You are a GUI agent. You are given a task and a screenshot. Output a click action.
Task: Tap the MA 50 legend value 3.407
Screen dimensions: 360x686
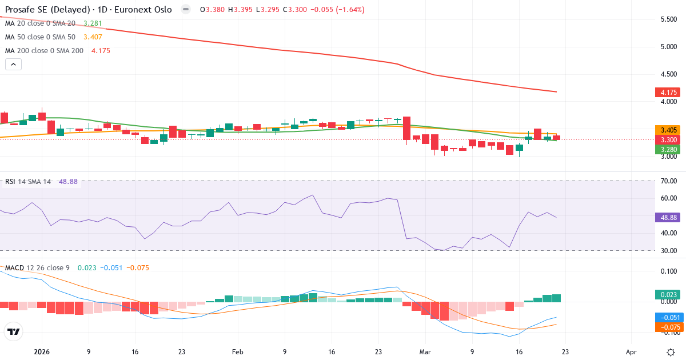[x=94, y=37]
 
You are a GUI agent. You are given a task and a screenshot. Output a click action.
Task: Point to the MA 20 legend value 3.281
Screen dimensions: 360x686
[x=93, y=23]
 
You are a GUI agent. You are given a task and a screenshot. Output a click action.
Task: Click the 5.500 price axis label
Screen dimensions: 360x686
[x=669, y=19]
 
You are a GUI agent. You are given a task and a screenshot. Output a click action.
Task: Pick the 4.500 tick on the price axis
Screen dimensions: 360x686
[x=669, y=74]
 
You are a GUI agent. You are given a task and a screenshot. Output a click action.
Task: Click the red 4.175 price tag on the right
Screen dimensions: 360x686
[x=668, y=92]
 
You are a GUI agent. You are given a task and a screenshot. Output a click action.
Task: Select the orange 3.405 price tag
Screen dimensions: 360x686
[x=668, y=130]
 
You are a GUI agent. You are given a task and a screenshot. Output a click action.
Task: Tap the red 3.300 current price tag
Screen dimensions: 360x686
[x=668, y=139]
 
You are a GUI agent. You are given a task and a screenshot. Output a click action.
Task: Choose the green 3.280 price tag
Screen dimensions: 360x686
[x=668, y=149]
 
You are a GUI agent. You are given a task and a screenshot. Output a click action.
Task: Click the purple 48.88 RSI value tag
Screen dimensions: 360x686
[x=668, y=218]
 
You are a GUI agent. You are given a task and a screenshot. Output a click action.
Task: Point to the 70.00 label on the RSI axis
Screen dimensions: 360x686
[x=668, y=181]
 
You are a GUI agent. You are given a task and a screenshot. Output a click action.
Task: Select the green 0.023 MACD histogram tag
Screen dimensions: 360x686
[x=668, y=295]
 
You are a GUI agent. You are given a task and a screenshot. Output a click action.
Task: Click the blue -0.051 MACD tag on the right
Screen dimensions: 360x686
[x=668, y=317]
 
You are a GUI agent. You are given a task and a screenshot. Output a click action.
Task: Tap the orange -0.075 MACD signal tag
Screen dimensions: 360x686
[x=668, y=327]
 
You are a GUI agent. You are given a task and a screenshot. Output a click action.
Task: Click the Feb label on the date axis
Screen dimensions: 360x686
[x=238, y=353]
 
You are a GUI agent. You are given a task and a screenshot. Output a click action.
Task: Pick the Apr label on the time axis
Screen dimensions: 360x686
[x=631, y=353]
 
